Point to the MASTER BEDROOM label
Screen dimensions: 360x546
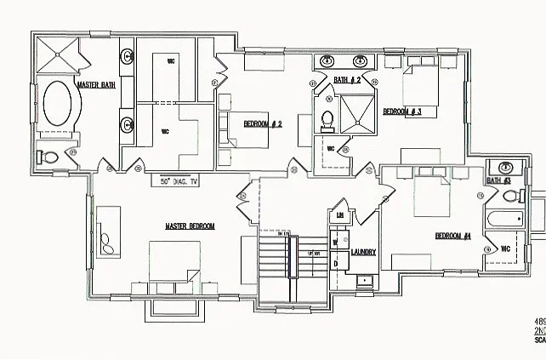click(190, 226)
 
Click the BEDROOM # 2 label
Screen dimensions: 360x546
click(263, 124)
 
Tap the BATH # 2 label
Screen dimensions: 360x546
click(347, 80)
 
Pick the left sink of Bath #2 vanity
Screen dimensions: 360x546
click(327, 60)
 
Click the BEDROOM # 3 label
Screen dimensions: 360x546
click(402, 111)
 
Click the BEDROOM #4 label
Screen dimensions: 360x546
click(452, 236)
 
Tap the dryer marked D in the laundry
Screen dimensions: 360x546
click(335, 264)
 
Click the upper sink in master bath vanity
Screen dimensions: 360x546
click(128, 57)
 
